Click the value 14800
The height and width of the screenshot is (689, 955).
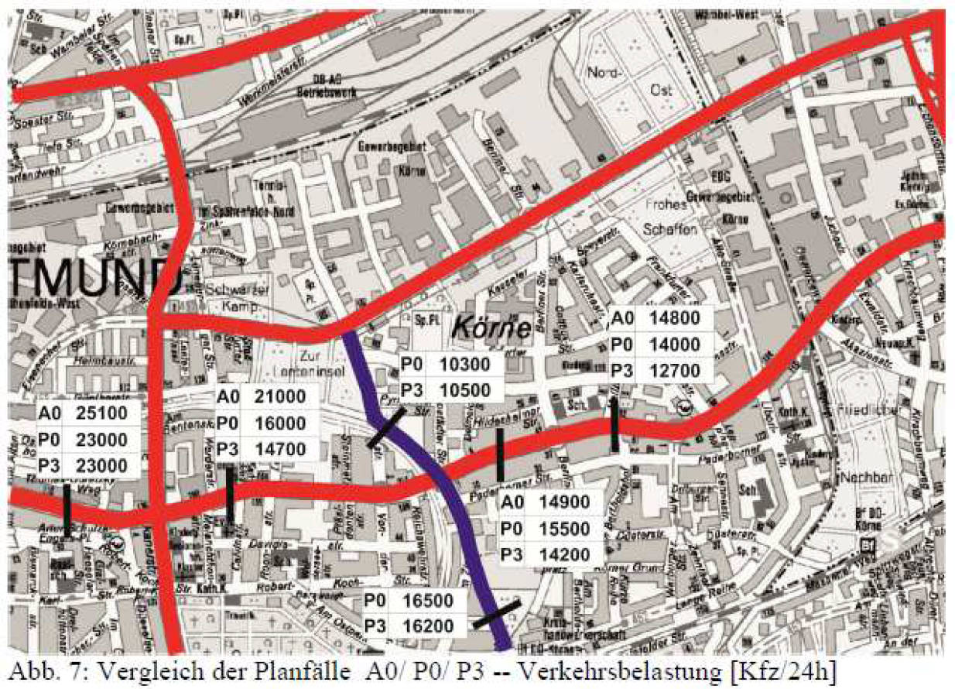pos(675,318)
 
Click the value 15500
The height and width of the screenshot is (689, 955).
pos(565,529)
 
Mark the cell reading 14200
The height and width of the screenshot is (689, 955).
pos(565,554)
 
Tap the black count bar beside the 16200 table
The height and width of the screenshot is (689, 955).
pos(497,616)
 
